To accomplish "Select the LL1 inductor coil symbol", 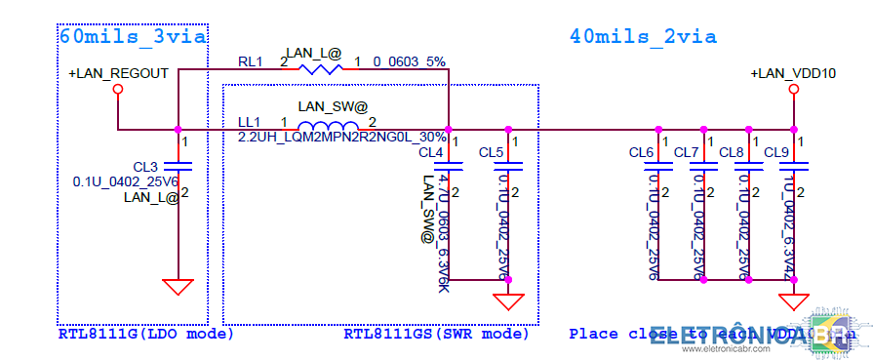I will tap(327, 128).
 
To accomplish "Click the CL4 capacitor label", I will tap(431, 153).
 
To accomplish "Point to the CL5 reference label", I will tap(492, 153).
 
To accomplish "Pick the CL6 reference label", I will tap(641, 153).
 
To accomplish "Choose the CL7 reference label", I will tap(686, 153).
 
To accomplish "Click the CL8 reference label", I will tap(731, 153).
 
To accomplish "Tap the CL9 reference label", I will tap(776, 153).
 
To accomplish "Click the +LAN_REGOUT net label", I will tap(118, 73).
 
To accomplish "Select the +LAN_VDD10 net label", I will tap(793, 73).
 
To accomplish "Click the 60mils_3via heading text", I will tap(133, 37).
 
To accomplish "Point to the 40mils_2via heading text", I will tap(643, 37).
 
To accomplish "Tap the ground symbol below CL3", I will tap(178, 287).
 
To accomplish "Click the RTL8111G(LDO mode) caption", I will tap(146, 334).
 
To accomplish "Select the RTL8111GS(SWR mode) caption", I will tap(436, 334).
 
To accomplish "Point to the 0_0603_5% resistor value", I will tap(410, 61).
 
